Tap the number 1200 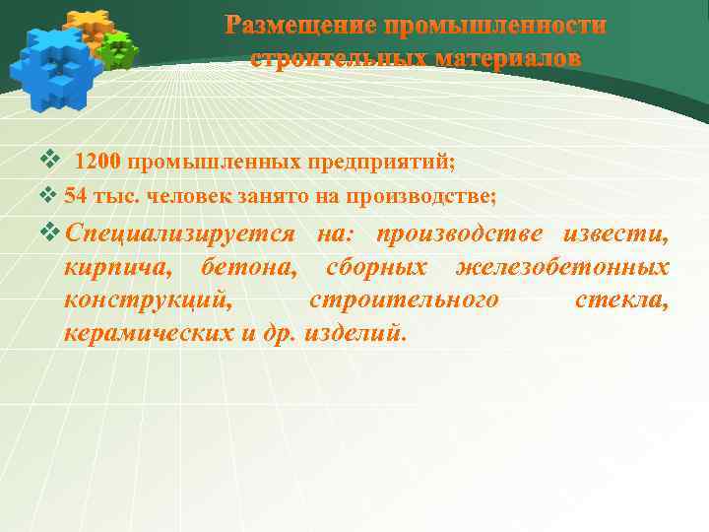point(98,162)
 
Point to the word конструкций point(148,299)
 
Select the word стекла point(621,299)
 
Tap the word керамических point(148,332)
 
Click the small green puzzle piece point(119,49)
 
